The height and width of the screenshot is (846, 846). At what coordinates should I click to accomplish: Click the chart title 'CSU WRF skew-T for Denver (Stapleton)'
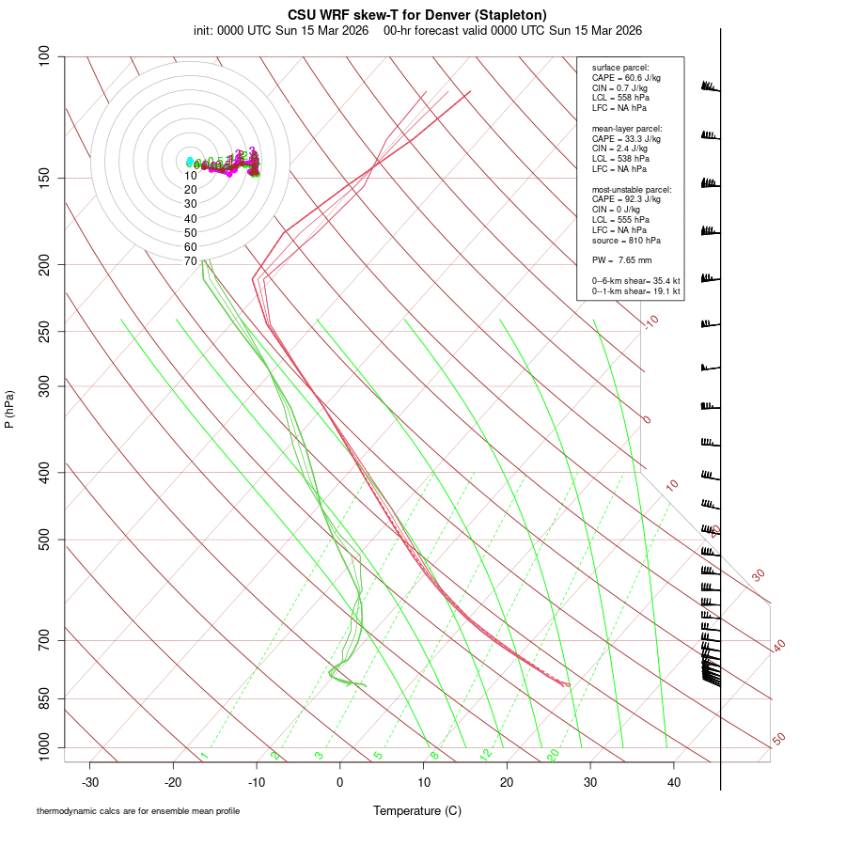pos(417,14)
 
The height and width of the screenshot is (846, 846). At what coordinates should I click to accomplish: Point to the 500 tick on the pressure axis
pos(44,540)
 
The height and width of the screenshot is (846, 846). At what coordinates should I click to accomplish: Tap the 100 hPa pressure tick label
pos(44,56)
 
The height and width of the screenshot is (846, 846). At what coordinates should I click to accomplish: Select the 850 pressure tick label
pos(44,698)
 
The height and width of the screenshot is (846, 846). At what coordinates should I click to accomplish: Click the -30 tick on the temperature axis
pos(90,782)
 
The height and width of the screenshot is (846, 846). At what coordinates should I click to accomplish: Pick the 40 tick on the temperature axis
pos(673,782)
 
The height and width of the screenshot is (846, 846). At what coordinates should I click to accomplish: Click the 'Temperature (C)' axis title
pos(417,810)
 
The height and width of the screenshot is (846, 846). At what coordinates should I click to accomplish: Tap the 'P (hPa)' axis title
pos(9,409)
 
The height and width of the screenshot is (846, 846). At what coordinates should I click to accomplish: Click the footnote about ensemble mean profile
pos(138,811)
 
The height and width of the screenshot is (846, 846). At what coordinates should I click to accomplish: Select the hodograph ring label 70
pos(190,261)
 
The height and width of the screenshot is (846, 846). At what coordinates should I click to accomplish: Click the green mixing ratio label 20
pos(553,755)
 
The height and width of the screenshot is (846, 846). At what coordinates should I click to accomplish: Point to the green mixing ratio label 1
pos(204,756)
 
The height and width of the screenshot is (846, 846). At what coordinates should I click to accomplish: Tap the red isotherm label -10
pos(650,321)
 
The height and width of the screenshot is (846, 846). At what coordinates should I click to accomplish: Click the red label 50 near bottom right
pos(778,740)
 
